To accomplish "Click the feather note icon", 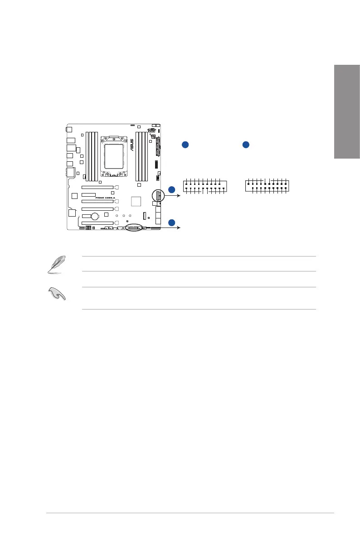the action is coord(57,264).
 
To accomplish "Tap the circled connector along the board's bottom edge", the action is coord(135,228).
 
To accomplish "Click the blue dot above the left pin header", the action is coord(185,145).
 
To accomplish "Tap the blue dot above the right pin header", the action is coord(245,145).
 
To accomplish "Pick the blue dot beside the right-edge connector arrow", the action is coord(171,189).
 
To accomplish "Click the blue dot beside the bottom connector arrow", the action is coord(171,222).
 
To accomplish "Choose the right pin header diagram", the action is coord(268,186).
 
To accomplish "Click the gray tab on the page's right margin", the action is coord(347,111).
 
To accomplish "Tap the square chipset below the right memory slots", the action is coord(136,201).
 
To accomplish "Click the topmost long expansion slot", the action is coord(97,187).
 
